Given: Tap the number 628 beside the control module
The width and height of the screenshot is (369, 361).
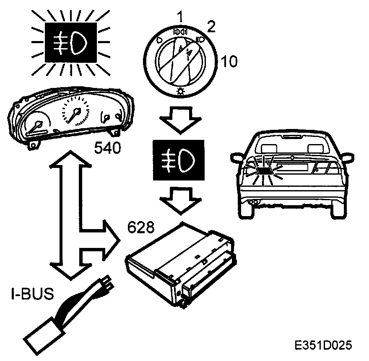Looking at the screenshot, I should [141, 228].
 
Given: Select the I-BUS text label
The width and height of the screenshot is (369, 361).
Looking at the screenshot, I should [32, 294].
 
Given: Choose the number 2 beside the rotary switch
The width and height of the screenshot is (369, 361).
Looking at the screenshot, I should [211, 27].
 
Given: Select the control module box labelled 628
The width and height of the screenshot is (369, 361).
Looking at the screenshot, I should [180, 264].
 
